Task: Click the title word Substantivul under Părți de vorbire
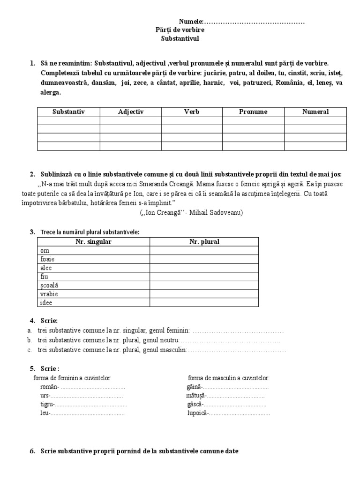point(180,38)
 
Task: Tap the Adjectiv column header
point(131,112)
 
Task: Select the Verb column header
point(191,112)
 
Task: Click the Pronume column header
point(253,112)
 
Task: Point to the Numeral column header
point(315,112)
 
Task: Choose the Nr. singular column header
point(94,242)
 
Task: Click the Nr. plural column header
point(204,242)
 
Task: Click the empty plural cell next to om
point(204,251)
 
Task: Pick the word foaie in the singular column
point(48,259)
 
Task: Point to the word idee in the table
point(46,302)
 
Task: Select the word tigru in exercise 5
point(47,405)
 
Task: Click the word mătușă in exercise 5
point(196,396)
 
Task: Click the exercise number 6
point(32,452)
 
